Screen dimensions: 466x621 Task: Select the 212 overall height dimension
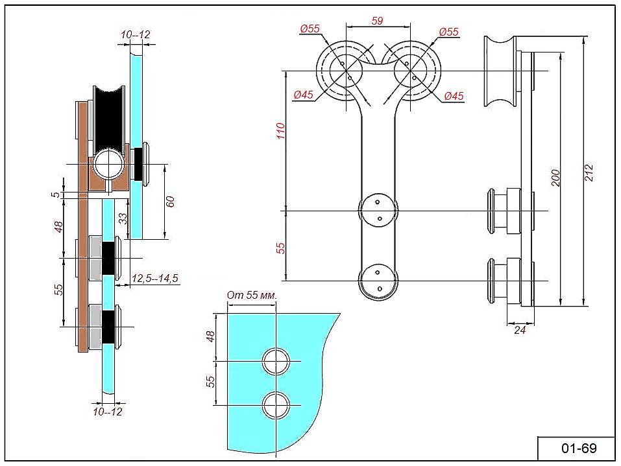coord(589,172)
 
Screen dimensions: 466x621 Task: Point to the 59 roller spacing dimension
coord(377,21)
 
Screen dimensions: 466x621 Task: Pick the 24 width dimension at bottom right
coord(519,330)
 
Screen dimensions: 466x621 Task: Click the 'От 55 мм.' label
coord(252,296)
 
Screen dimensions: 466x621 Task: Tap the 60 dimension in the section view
coord(171,202)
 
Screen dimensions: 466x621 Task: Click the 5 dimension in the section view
coord(57,194)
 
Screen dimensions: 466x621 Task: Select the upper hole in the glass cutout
coord(277,361)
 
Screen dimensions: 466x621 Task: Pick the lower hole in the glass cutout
coord(277,405)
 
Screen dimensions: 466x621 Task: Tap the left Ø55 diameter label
coord(310,29)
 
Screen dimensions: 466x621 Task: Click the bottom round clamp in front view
coord(378,281)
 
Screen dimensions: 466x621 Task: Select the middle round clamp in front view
coord(378,211)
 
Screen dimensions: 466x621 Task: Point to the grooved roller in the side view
coord(500,71)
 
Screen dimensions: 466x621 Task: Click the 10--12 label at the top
coord(136,34)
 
